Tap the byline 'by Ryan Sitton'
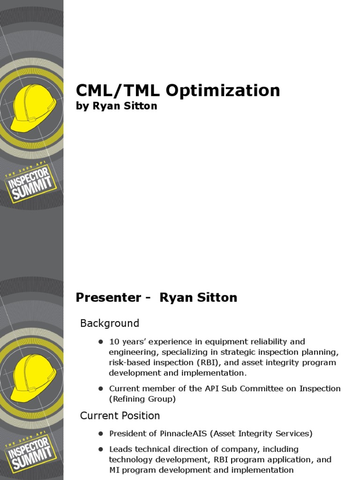click(116, 106)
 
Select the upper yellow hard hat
click(33, 108)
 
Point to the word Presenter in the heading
click(108, 297)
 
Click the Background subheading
click(110, 323)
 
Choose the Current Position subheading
click(120, 416)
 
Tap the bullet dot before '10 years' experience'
click(100, 342)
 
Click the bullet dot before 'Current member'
click(100, 389)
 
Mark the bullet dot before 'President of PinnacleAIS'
click(100, 434)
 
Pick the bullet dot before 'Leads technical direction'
click(100, 449)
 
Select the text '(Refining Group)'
click(142, 399)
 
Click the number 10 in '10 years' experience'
click(114, 341)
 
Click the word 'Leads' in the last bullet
click(120, 449)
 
